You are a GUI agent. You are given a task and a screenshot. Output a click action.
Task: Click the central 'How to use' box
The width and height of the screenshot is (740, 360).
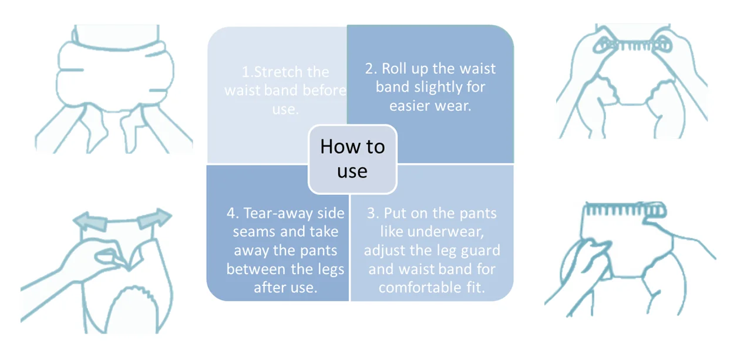(352, 159)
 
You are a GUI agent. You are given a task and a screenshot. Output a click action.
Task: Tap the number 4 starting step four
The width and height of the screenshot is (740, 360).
(231, 213)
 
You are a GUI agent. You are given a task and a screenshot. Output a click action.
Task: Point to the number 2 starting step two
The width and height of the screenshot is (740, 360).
(370, 69)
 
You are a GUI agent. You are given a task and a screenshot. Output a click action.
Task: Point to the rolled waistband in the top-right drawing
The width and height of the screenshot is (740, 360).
(631, 45)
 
